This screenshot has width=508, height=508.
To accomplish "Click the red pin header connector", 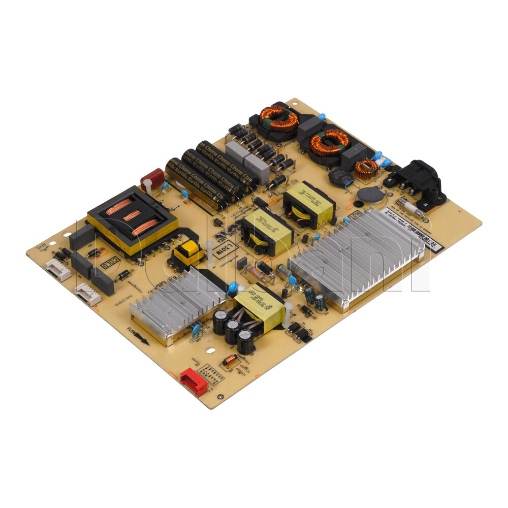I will coord(194,382).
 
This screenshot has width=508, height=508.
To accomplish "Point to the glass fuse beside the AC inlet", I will coord(409,207).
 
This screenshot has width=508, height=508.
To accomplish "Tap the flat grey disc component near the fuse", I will coord(371,195).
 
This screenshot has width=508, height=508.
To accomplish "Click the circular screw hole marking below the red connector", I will coord(219,397).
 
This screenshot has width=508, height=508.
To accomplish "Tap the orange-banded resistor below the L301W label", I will coord(256,274).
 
